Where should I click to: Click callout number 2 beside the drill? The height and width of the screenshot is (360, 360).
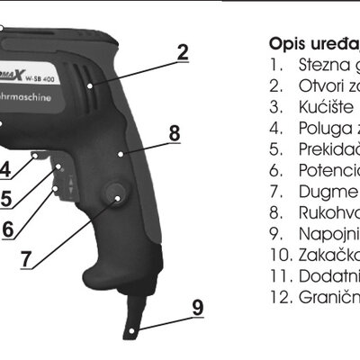click(183, 51)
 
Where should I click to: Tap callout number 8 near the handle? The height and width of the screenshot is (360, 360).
click(174, 132)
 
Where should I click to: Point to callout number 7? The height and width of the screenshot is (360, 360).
click(26, 259)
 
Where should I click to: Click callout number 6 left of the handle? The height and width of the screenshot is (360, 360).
click(7, 228)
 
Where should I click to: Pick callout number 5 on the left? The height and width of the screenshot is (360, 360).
click(5, 197)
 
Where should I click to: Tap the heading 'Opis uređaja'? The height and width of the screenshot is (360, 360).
click(310, 42)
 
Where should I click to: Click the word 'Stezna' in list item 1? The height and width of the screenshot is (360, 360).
click(319, 66)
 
